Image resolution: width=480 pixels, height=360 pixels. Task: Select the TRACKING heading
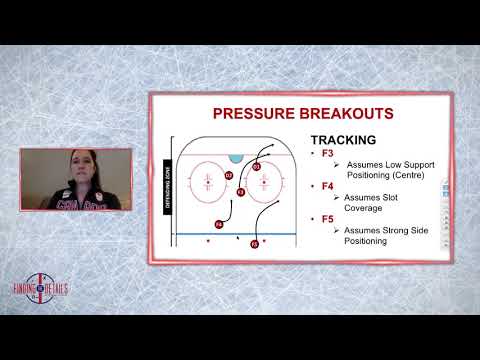344,141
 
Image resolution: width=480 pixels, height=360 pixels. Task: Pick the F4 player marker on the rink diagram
219,224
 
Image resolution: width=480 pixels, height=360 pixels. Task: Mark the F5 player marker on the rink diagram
255,243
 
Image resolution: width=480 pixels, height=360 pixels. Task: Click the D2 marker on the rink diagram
229,176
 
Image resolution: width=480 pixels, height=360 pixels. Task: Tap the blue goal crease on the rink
236,159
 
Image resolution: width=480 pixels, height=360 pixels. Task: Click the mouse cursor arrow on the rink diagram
237,239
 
